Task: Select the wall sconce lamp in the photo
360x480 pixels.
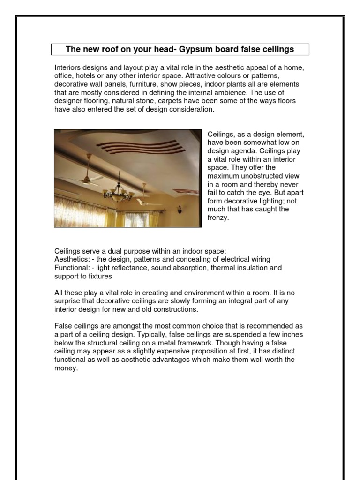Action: [x=180, y=210]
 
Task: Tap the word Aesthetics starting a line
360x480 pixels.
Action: [x=71, y=259]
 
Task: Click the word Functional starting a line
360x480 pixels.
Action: [x=71, y=268]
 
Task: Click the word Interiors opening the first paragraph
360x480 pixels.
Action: [x=68, y=67]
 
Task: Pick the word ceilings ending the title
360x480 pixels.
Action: [x=279, y=49]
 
